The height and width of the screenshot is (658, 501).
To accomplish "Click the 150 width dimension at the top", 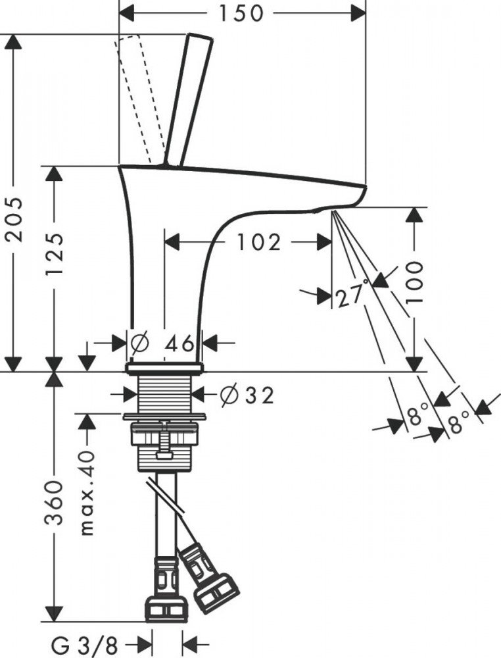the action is coord(241,13).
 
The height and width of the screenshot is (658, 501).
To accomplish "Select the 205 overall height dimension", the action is coord(15,219).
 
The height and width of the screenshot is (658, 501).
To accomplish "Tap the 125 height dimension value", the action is coord(55,254).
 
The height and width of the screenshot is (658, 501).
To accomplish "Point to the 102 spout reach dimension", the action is coord(258,242).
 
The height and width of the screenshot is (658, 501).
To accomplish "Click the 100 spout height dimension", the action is coord(415,282).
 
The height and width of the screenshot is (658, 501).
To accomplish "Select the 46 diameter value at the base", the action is coord(179,343).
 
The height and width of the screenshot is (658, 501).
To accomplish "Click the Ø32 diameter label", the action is coord(247,395).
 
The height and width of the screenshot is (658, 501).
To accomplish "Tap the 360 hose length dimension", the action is coord(55,503).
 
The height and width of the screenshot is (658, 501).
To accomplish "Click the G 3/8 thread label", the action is coord(85,645).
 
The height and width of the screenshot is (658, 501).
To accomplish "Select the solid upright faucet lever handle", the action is coord(189,100).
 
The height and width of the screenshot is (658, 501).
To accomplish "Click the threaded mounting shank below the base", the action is coord(165,393).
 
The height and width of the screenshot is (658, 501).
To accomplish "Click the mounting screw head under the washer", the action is coord(165,455).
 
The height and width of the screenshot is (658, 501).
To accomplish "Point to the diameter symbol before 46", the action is coord(139,343).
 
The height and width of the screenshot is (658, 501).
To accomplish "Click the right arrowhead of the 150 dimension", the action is coord(358,13).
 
